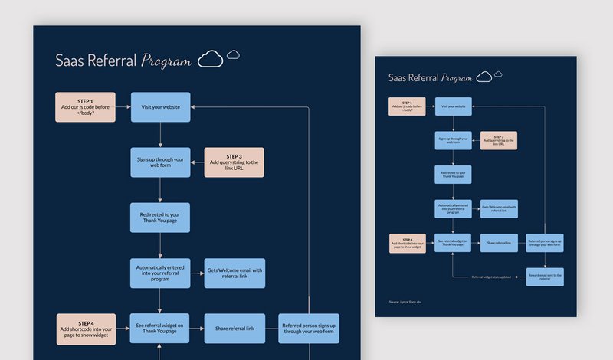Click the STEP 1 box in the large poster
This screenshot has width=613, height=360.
pos(85,107)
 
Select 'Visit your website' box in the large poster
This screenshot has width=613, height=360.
pos(160,107)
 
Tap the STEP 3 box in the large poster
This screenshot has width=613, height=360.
pos(234,162)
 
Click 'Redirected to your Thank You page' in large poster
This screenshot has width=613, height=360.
pos(160,218)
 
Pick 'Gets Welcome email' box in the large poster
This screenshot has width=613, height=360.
pos(234,273)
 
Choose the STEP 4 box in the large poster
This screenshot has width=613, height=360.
pos(85,328)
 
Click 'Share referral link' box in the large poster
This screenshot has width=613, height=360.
pos(234,328)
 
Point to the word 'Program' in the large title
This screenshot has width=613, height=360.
pos(166,61)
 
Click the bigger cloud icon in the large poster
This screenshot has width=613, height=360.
pos(211,60)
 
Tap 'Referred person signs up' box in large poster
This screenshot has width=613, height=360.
pos(309,328)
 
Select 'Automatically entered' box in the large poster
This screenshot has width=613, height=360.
pos(160,273)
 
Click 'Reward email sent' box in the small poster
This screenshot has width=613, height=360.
pos(545,277)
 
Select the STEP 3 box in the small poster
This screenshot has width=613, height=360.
pos(499,140)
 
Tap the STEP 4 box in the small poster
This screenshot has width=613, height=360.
pos(407,243)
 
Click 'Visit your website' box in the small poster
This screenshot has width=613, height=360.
pos(453,106)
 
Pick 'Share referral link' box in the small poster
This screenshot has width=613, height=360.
pos(499,243)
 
